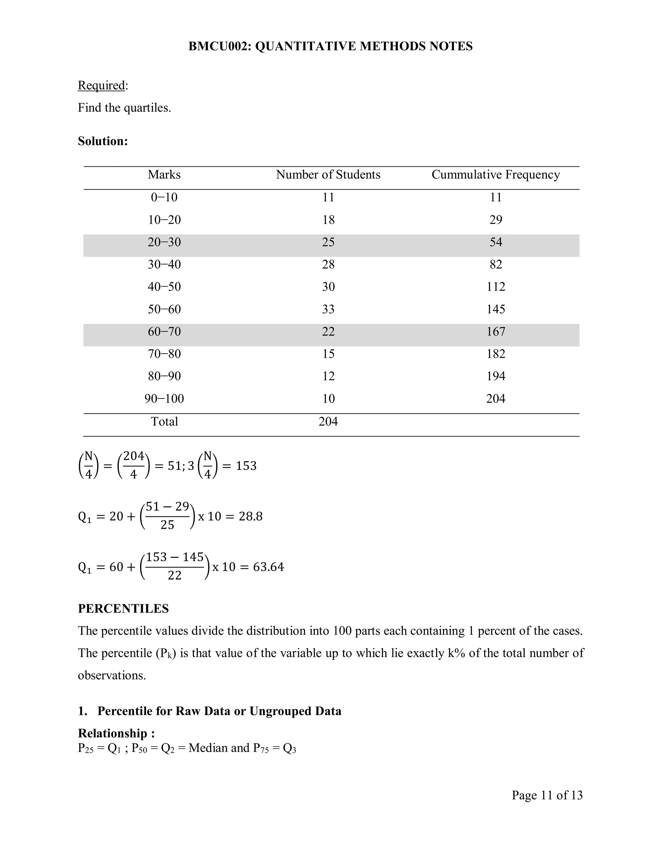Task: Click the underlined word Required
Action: pyautogui.click(x=101, y=85)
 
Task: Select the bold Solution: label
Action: pyautogui.click(x=103, y=141)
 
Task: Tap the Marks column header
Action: pyautogui.click(x=164, y=175)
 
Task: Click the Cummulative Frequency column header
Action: pyautogui.click(x=495, y=175)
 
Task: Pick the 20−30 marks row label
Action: pyautogui.click(x=164, y=242)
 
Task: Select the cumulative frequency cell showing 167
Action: pyautogui.click(x=495, y=332)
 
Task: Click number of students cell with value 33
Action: pyautogui.click(x=328, y=309)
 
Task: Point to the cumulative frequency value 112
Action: pyautogui.click(x=495, y=287)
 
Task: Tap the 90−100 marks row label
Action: pyautogui.click(x=164, y=399)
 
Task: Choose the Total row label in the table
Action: pyautogui.click(x=164, y=422)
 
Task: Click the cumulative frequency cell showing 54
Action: pyautogui.click(x=495, y=242)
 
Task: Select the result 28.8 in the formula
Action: pyautogui.click(x=250, y=516)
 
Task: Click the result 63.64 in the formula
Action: pyautogui.click(x=268, y=567)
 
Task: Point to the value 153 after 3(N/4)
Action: pyautogui.click(x=246, y=466)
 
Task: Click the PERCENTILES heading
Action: pyautogui.click(x=123, y=609)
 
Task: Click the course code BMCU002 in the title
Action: pyautogui.click(x=219, y=46)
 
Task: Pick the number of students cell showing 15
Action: pyautogui.click(x=328, y=354)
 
